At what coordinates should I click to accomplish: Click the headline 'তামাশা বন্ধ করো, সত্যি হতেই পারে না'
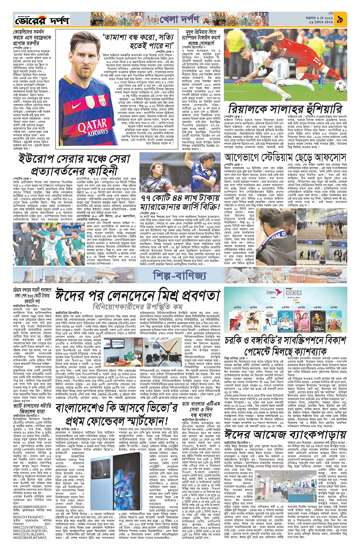[x=138, y=42]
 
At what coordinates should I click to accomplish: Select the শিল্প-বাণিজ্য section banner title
[x=179, y=275]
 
